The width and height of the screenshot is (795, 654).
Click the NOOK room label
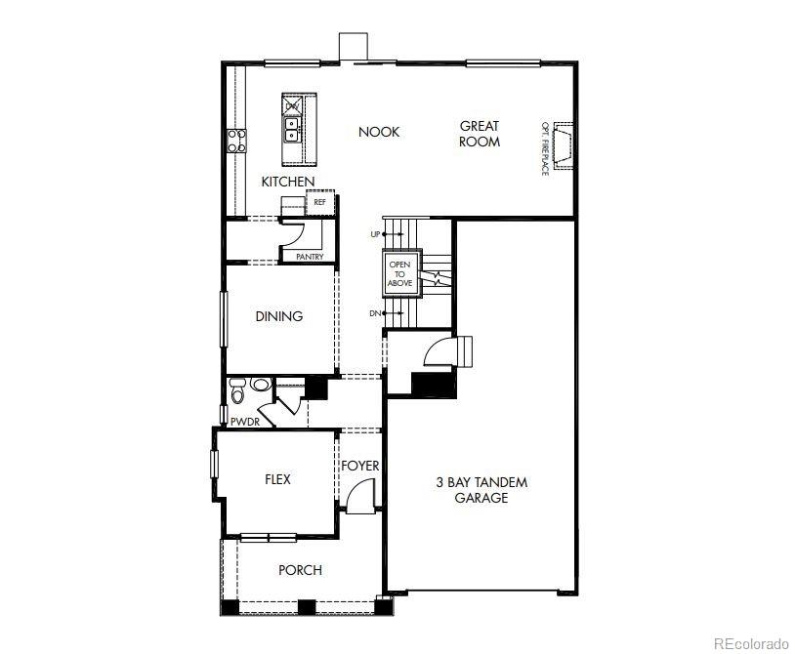click(x=379, y=132)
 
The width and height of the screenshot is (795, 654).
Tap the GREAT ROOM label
click(x=480, y=134)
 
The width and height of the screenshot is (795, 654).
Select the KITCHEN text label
click(x=288, y=183)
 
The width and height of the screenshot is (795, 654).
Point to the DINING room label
click(x=279, y=316)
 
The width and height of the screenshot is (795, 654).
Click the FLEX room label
click(x=278, y=479)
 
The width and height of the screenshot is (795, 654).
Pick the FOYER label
click(x=359, y=466)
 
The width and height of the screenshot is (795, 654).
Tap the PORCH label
click(x=300, y=570)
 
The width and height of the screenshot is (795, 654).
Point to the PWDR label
click(x=244, y=422)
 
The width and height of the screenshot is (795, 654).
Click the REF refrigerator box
click(x=319, y=203)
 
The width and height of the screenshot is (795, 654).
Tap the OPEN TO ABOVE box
click(x=401, y=273)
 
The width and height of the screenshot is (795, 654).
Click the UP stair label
click(x=375, y=234)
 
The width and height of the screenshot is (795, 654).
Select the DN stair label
click(x=375, y=312)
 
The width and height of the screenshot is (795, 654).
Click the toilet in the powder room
click(x=237, y=393)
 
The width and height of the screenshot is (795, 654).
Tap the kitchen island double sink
click(x=292, y=128)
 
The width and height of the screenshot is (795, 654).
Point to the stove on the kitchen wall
click(x=236, y=141)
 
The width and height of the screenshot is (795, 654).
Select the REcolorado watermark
click(x=750, y=642)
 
